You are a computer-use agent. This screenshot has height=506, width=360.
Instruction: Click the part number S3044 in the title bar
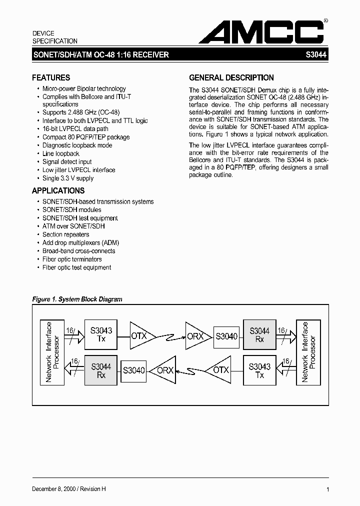[316, 55]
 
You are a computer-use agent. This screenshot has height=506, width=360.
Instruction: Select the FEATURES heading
[51, 77]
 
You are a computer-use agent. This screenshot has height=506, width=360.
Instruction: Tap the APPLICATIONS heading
[58, 190]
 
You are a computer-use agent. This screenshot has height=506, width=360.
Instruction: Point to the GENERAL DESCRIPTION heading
[231, 77]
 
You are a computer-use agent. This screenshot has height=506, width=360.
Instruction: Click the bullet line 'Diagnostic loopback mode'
[77, 145]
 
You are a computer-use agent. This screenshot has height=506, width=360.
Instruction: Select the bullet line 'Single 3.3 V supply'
[68, 178]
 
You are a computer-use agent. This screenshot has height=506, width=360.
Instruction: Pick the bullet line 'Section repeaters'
[65, 234]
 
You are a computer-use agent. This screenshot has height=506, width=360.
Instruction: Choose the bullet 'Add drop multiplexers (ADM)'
[80, 242]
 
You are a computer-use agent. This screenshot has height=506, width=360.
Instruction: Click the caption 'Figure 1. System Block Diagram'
[77, 299]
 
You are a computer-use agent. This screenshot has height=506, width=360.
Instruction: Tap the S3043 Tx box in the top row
[101, 334]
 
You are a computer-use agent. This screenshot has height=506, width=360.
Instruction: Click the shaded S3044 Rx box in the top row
[259, 334]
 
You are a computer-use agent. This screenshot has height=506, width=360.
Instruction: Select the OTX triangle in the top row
[140, 336]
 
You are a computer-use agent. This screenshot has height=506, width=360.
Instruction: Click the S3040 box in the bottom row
[133, 370]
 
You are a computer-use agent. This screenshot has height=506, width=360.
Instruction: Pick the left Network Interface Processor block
[52, 352]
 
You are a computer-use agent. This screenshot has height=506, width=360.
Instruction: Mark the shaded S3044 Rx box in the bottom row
[101, 370]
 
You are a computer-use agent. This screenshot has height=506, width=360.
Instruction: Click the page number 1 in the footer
[327, 490]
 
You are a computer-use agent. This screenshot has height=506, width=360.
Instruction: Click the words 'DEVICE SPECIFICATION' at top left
[55, 37]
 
